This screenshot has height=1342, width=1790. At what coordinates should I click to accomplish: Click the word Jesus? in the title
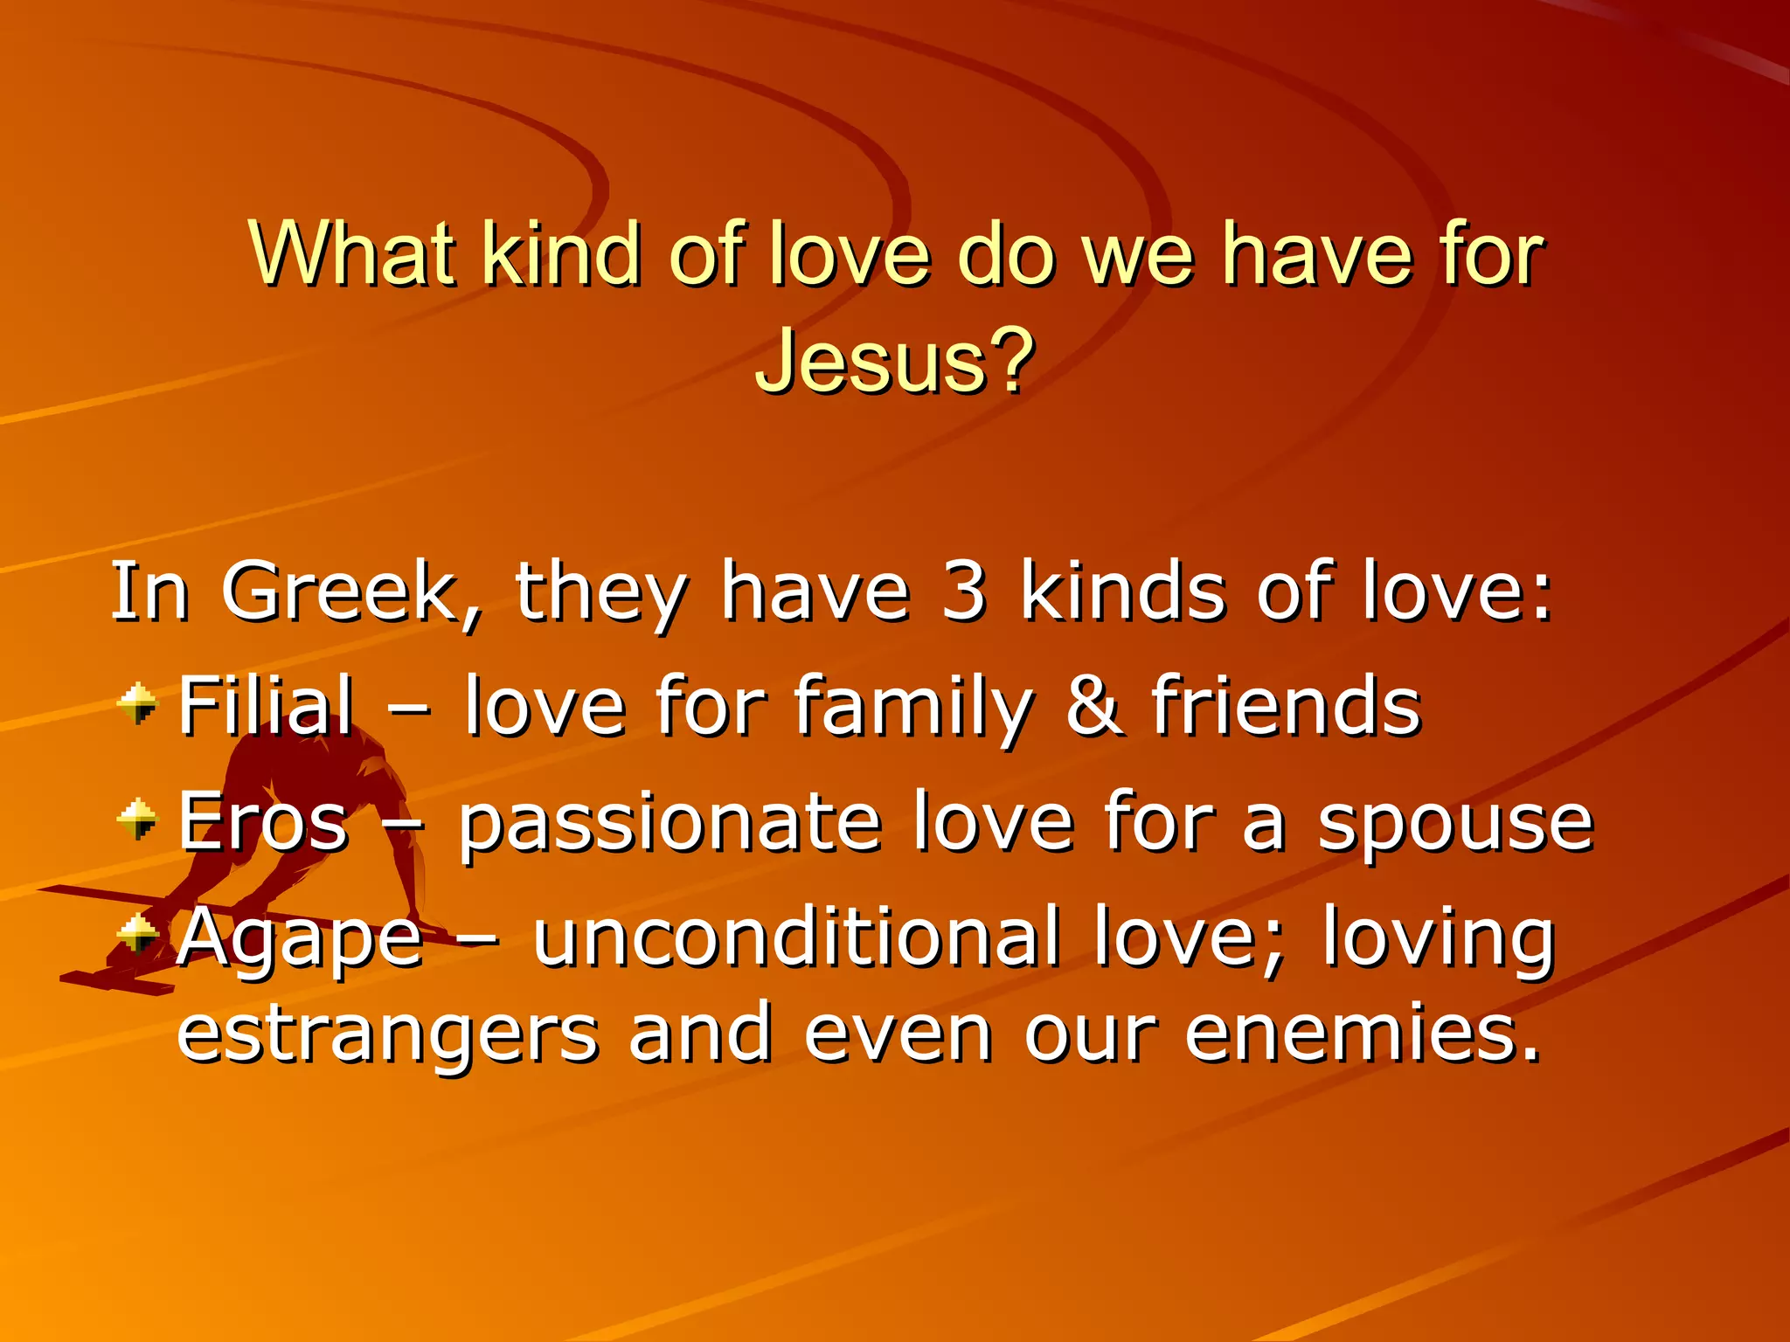[x=894, y=361]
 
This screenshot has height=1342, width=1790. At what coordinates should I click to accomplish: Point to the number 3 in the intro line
[x=964, y=592]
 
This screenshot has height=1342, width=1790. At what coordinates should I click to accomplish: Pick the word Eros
[x=263, y=820]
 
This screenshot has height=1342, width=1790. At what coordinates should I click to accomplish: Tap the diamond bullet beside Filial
[x=138, y=704]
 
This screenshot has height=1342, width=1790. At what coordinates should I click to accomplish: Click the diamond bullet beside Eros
[x=138, y=820]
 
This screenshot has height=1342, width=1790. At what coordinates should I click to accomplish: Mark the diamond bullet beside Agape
[x=138, y=934]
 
